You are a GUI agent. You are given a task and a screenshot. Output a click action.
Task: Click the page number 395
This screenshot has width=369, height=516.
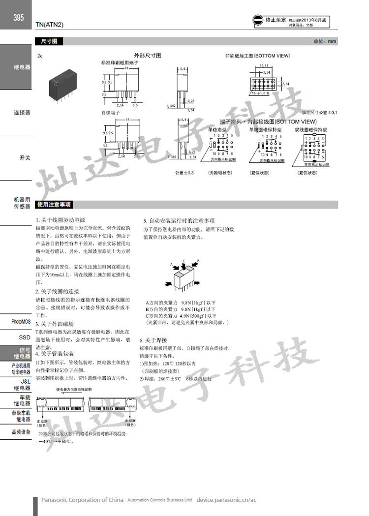18,18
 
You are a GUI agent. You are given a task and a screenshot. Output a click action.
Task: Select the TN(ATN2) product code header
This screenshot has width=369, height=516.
50,24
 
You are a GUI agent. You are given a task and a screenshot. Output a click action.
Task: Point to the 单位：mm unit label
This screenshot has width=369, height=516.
325,42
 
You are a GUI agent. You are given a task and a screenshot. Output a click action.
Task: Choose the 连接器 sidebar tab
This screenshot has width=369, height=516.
22,113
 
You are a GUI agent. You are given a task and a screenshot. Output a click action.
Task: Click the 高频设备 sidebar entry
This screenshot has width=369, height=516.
21,432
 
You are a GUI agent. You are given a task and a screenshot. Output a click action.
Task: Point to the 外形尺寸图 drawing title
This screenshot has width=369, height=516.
148,56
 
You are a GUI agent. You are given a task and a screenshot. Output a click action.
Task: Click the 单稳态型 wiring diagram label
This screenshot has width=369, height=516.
217,129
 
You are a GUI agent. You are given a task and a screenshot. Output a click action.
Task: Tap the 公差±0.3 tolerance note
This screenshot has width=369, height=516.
184,173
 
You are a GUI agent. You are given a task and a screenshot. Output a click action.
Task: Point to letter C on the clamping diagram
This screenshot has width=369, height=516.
184,261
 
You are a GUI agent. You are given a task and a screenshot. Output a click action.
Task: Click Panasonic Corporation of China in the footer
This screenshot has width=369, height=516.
82,500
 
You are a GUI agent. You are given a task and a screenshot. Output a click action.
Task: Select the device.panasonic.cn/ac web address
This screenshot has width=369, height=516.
226,500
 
